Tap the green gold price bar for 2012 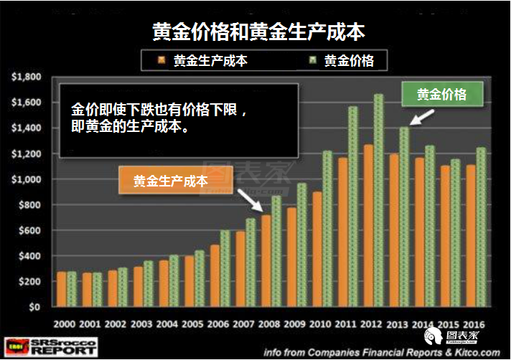378,201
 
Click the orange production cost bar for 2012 367,226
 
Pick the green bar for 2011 352,207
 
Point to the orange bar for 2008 266,261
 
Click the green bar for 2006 225,268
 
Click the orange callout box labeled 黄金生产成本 170,181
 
